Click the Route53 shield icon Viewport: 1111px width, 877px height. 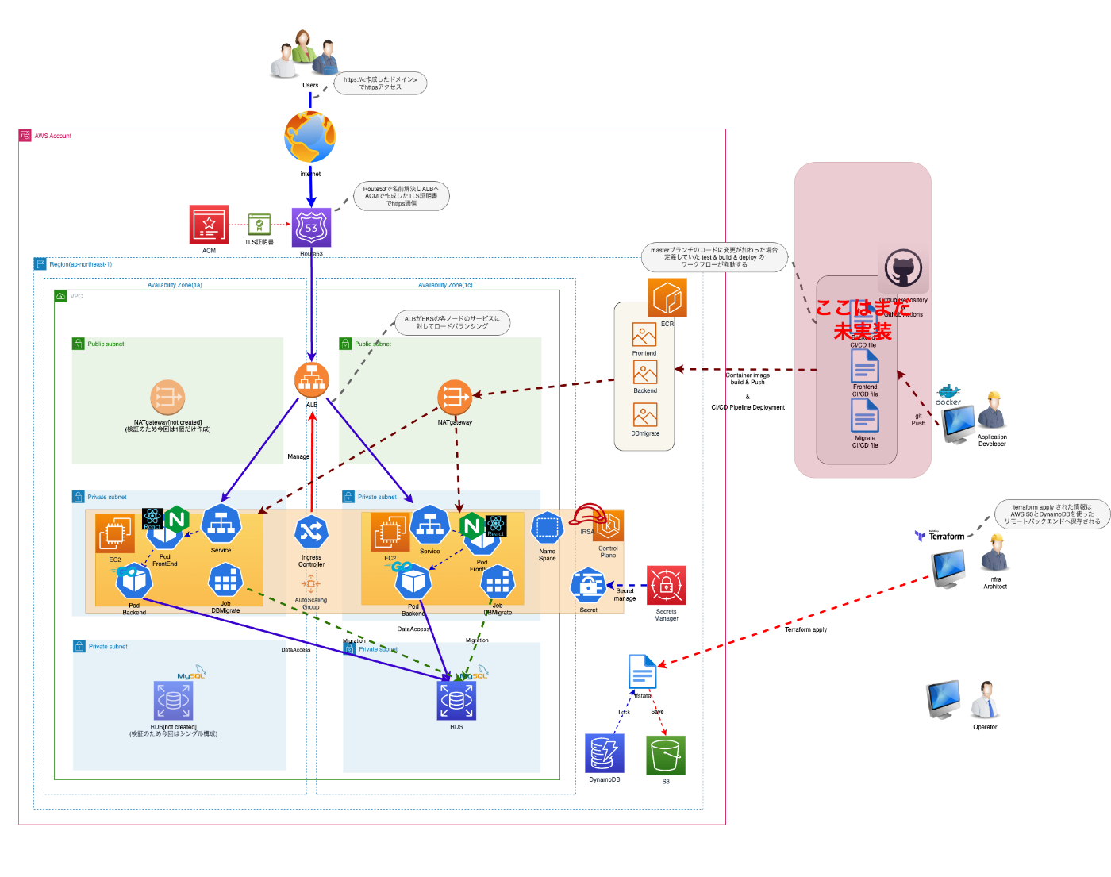[311, 228]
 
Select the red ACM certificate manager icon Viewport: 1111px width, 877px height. [209, 225]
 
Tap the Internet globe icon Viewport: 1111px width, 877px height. [310, 137]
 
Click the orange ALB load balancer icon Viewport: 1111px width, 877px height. [311, 380]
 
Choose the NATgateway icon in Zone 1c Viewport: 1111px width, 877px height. [455, 398]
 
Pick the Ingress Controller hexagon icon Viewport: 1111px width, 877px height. [311, 533]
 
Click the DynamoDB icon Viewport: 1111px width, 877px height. [605, 753]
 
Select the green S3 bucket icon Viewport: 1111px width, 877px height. [666, 755]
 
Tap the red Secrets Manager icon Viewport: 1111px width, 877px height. [666, 586]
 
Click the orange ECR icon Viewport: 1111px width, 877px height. [667, 298]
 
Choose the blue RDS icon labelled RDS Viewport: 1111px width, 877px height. [456, 700]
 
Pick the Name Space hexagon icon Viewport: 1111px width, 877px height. [548, 528]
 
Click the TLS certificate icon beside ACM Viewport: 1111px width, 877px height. [259, 225]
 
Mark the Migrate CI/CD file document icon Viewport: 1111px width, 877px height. [865, 415]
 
